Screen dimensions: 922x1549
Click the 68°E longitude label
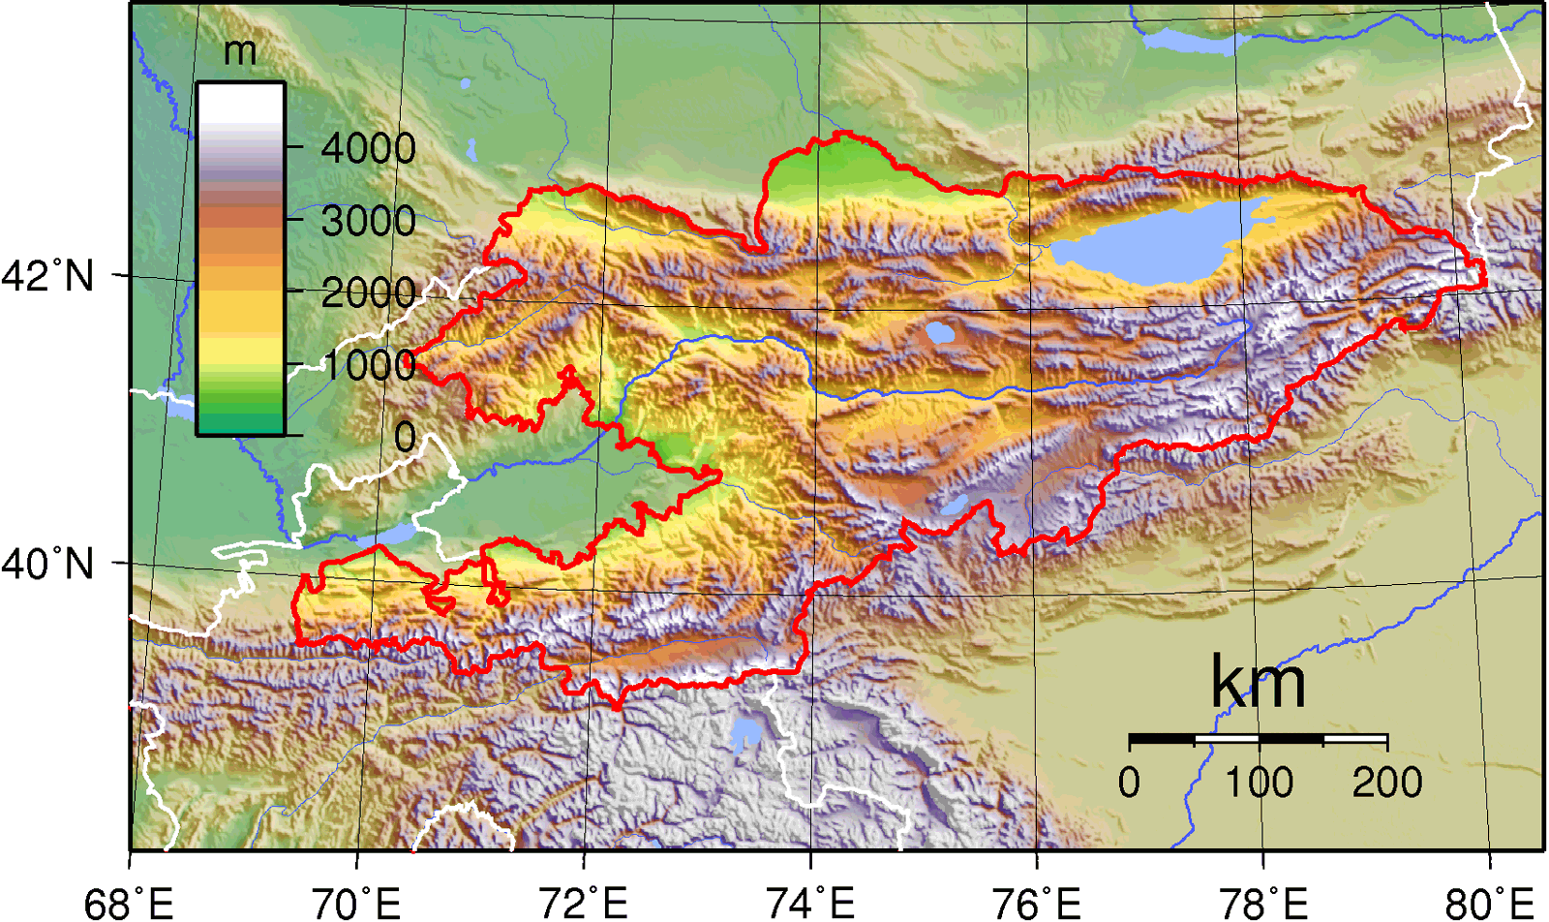[129, 903]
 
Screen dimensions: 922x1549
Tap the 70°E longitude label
[356, 903]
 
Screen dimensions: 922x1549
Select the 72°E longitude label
[584, 903]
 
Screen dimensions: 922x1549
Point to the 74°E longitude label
[810, 903]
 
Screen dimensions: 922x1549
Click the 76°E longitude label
[1037, 903]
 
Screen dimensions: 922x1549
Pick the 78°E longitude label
[1263, 903]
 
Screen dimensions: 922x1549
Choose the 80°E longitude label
[1490, 903]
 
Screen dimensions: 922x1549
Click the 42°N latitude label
[48, 276]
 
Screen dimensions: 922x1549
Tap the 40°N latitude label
[48, 563]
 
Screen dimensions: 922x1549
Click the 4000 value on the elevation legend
[368, 148]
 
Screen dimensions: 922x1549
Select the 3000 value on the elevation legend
[368, 221]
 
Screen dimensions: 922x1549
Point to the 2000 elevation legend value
[368, 292]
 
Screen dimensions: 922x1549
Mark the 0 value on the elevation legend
[405, 437]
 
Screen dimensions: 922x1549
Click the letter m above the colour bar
[240, 50]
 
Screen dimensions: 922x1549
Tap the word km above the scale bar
[1258, 683]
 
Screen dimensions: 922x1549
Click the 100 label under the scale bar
[1259, 782]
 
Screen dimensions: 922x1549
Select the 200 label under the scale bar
[1387, 782]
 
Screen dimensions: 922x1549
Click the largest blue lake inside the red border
[1147, 242]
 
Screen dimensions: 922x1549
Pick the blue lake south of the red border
[746, 732]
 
